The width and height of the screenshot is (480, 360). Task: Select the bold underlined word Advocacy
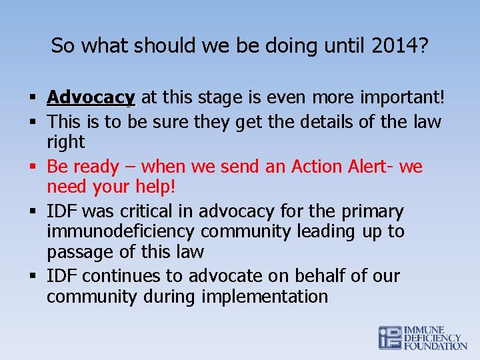click(x=91, y=98)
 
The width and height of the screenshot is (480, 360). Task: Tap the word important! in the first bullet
click(x=402, y=98)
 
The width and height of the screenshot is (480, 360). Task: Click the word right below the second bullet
click(x=65, y=142)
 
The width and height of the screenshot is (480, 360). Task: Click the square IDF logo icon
click(x=391, y=337)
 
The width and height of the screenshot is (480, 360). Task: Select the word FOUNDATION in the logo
click(x=436, y=346)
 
